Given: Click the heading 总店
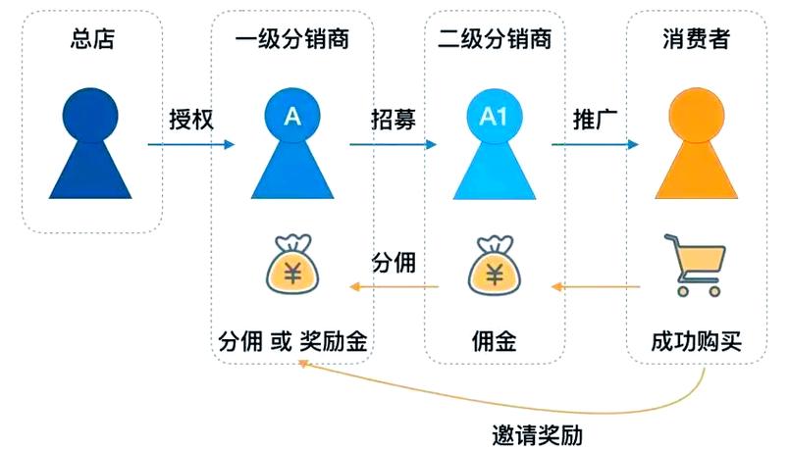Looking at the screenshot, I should click(87, 39).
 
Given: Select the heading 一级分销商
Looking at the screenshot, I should click(291, 39).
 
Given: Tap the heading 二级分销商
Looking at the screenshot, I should click(495, 39).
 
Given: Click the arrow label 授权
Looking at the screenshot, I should click(190, 120).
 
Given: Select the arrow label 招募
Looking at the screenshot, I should click(393, 120).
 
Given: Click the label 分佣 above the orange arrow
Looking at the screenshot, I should click(393, 263).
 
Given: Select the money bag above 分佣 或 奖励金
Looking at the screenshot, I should click(291, 265).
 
